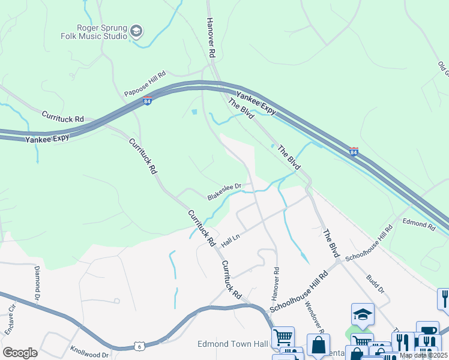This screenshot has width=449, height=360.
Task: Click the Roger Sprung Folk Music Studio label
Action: coord(101,32)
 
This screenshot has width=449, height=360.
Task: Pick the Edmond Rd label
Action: coord(419,224)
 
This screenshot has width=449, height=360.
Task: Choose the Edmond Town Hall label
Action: coord(232,344)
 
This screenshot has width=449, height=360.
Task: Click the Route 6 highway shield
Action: coord(139,346)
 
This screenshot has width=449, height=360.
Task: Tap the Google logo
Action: coord(20,353)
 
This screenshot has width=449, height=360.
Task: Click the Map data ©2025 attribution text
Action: coord(423,355)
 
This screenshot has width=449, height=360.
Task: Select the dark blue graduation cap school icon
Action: coord(363,314)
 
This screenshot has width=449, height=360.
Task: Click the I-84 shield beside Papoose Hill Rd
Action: coord(148,101)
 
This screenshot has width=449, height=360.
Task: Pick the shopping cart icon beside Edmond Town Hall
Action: coord(283,337)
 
